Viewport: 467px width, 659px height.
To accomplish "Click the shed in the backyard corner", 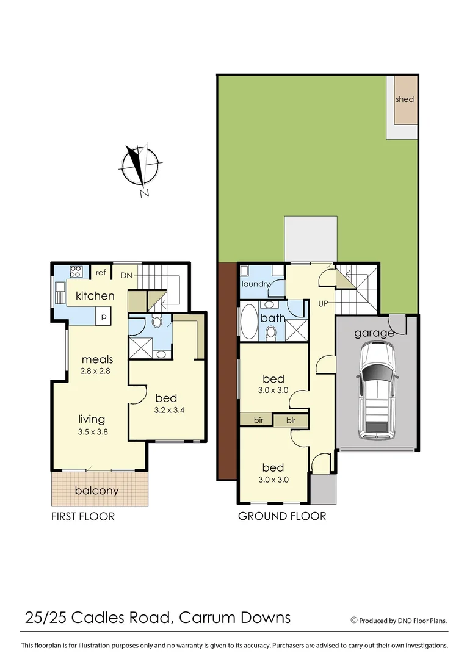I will tap(405, 99).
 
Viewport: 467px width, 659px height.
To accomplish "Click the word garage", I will tap(374, 333).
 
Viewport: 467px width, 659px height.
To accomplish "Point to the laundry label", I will tap(256, 284).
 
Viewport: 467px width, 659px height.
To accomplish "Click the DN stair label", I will tap(126, 276).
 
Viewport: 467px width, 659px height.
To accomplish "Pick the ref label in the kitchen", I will tap(101, 273).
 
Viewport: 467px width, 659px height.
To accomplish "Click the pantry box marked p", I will tap(104, 316).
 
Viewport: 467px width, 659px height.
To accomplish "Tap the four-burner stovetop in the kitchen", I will tap(76, 273).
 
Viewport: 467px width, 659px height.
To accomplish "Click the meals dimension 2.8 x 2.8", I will tap(98, 370).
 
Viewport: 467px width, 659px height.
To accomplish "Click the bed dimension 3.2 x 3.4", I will tap(166, 410).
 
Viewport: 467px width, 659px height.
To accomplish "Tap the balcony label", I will tap(96, 491).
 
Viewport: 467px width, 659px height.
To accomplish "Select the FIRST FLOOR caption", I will tap(83, 516).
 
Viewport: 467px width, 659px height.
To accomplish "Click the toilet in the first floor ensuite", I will tap(156, 322).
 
